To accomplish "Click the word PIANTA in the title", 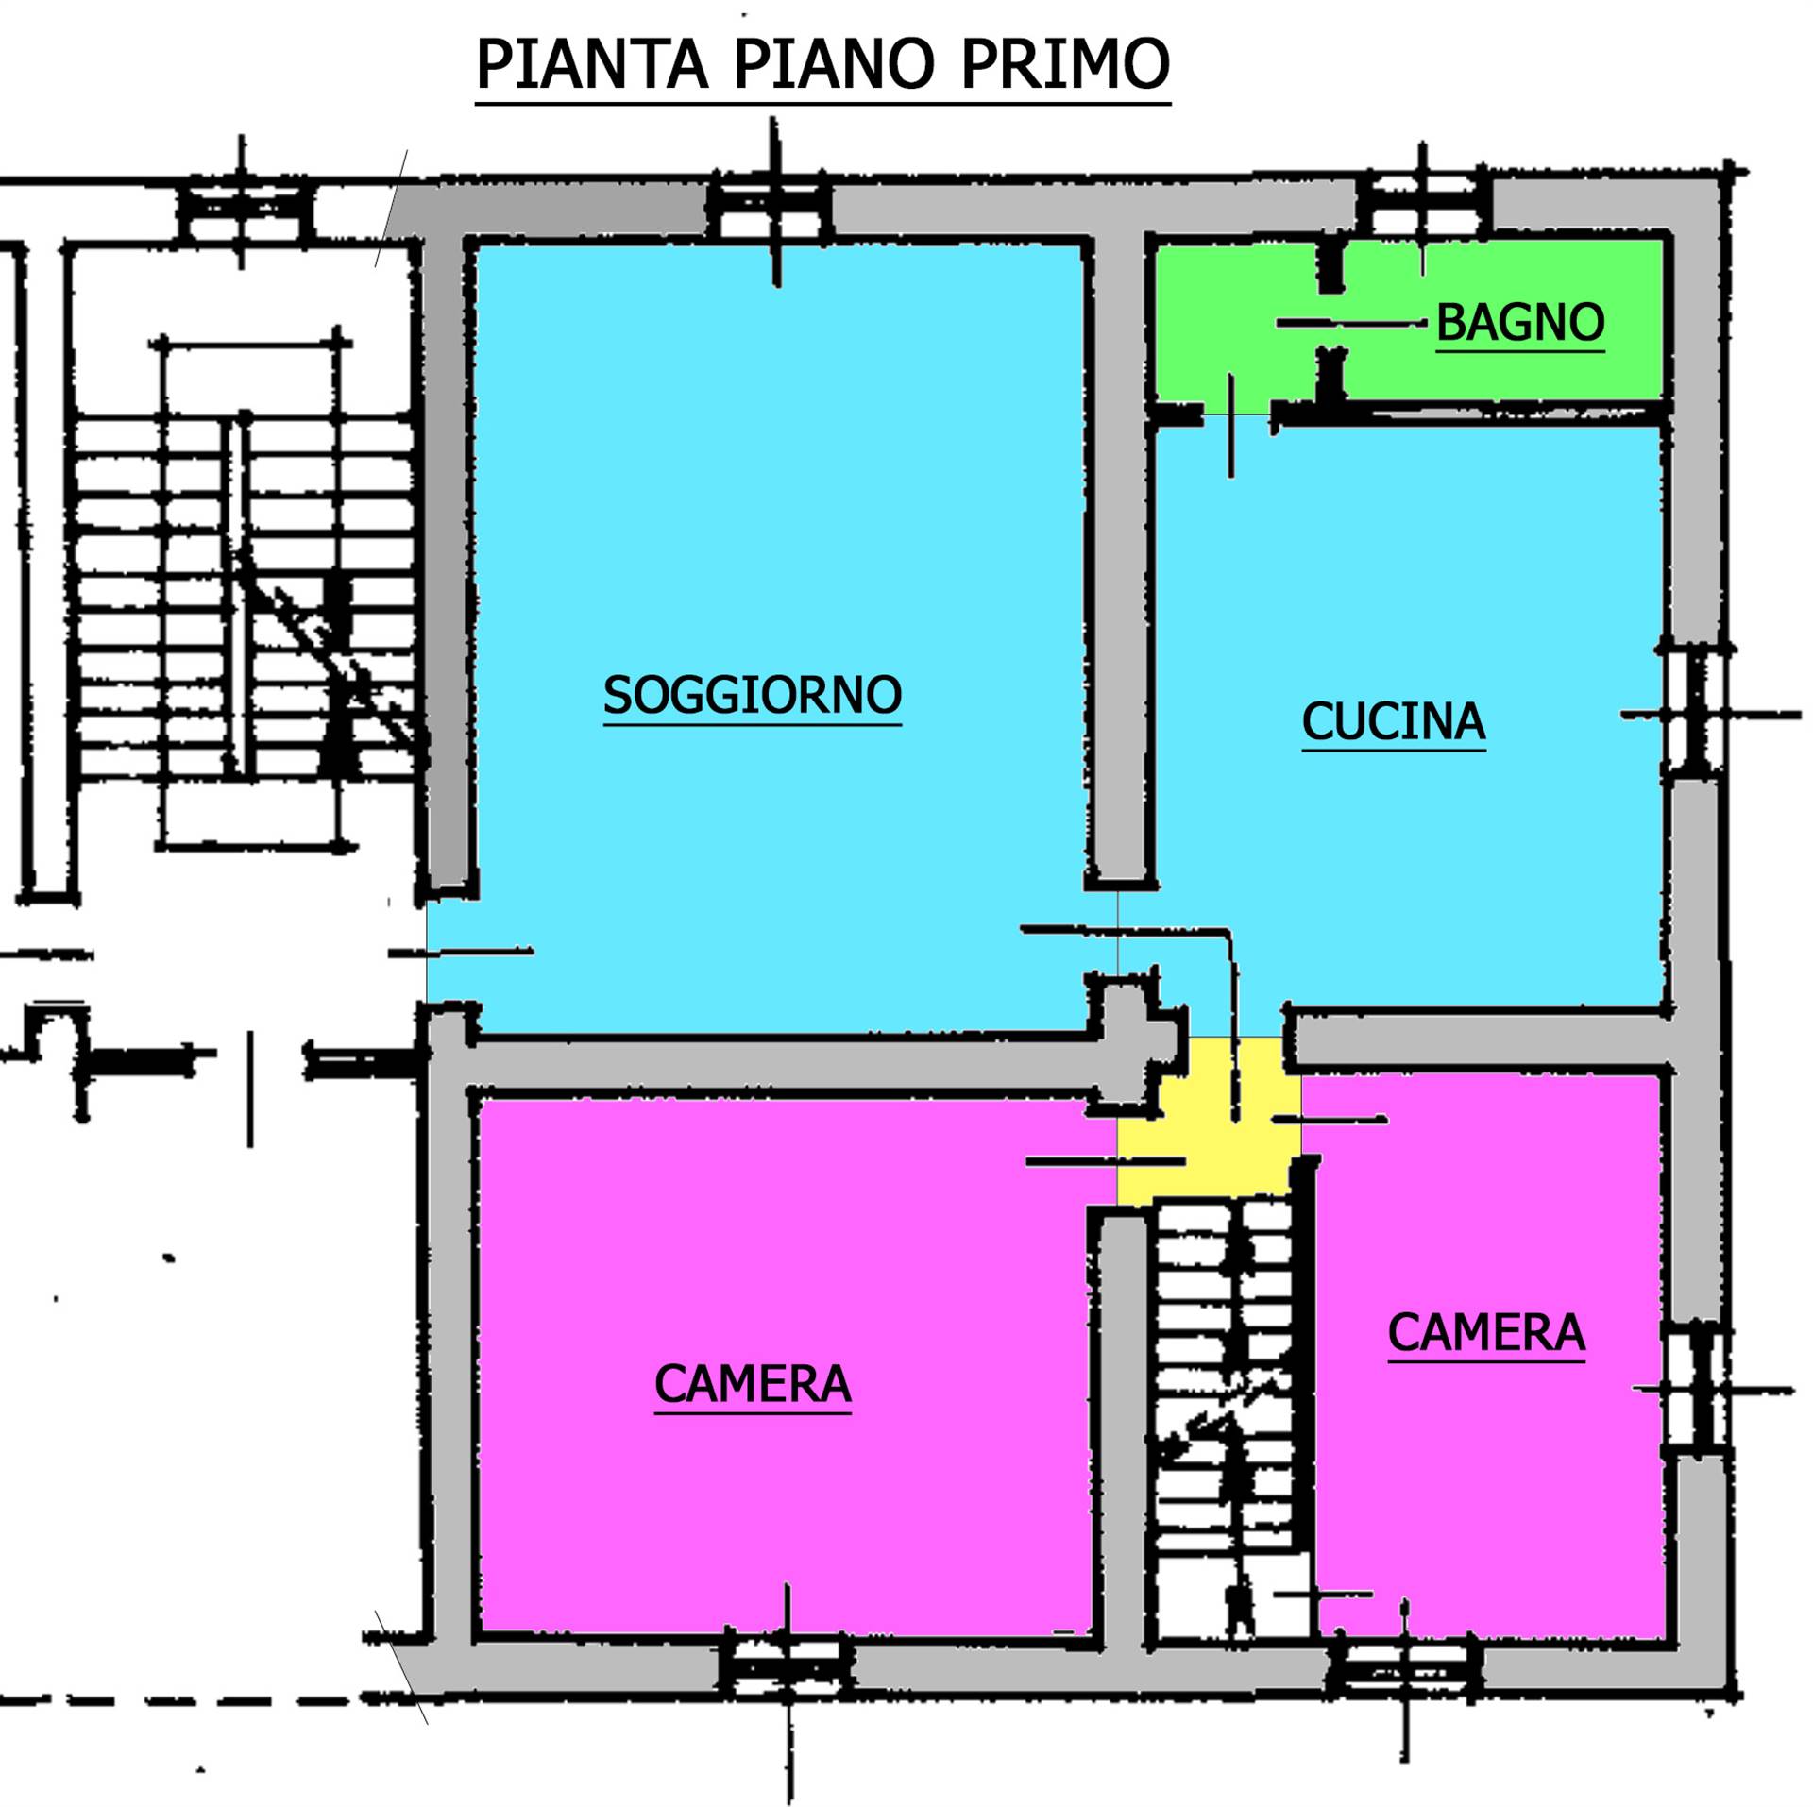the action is tap(591, 64).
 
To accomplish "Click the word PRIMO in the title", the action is tap(1065, 64).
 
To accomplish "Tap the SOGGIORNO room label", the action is tap(753, 695).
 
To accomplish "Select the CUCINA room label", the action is tap(1394, 721).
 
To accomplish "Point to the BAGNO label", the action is tap(1520, 322).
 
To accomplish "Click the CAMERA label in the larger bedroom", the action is tap(753, 1385).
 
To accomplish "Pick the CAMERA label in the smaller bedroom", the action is tap(1486, 1333).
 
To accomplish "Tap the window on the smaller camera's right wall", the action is tap(1699, 1389).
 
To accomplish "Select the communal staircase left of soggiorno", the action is tap(244, 595).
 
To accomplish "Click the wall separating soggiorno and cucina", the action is tap(1120, 557).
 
